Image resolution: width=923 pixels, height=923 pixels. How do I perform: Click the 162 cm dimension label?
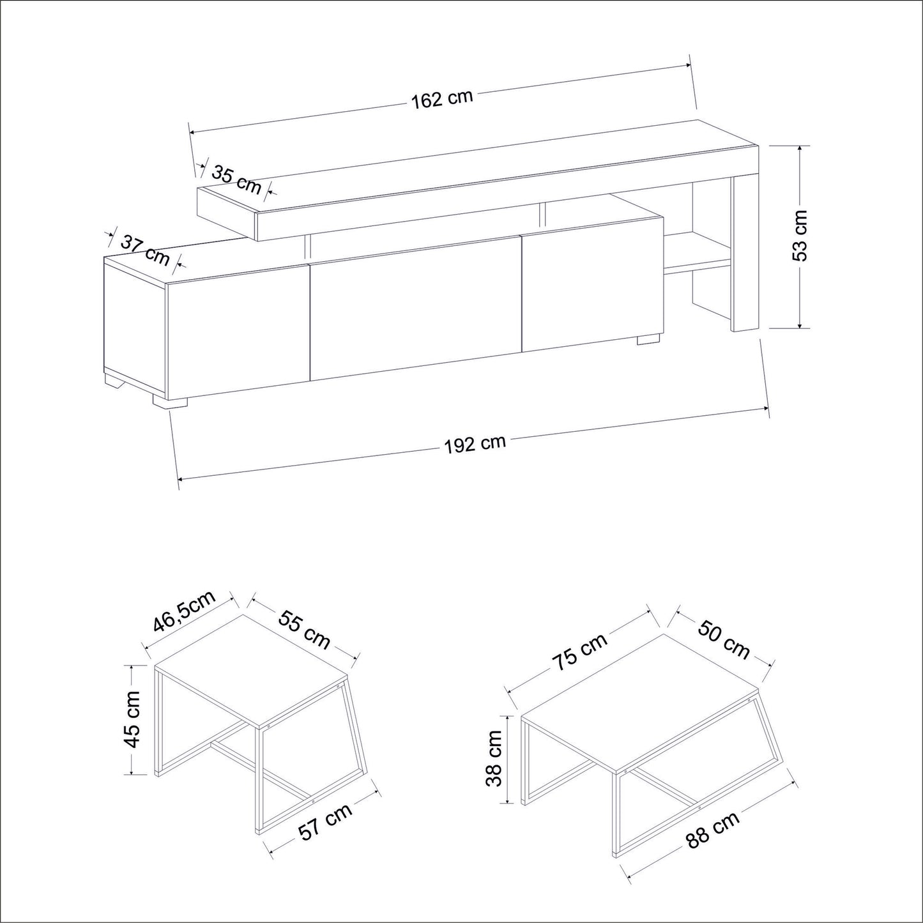[x=442, y=99]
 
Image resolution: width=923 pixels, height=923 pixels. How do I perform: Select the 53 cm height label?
[x=800, y=235]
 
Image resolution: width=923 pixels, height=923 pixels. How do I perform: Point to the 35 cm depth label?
[x=236, y=179]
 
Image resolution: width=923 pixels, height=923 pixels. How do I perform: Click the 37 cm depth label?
[x=144, y=250]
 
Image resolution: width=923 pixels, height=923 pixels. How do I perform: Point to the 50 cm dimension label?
[x=723, y=639]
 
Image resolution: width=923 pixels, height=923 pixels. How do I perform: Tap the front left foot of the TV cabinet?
[x=169, y=401]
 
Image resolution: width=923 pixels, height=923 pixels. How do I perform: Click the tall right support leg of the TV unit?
[x=745, y=254]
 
